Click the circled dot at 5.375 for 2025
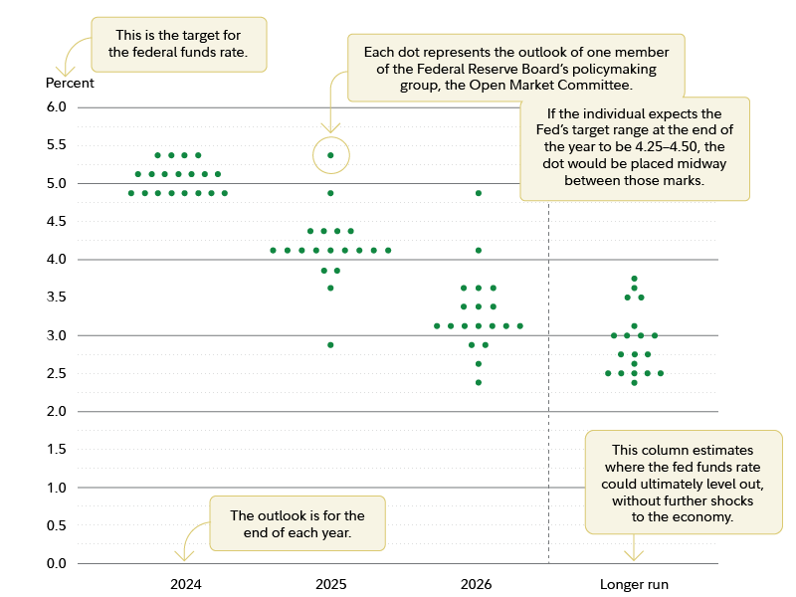pos(330,155)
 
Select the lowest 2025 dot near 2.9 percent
pos(330,345)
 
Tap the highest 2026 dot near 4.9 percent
pos(479,193)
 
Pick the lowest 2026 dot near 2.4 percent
pos(479,383)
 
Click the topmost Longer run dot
pos(634,279)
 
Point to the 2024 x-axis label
pos(185,584)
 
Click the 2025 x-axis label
pos(330,584)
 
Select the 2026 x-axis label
pos(476,584)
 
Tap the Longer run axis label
pos(634,584)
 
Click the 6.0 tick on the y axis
pos(56,107)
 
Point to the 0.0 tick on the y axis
pos(56,564)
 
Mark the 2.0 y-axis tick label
pos(56,412)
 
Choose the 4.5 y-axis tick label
pos(56,222)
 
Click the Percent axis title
pos(70,83)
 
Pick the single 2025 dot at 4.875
pos(330,193)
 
